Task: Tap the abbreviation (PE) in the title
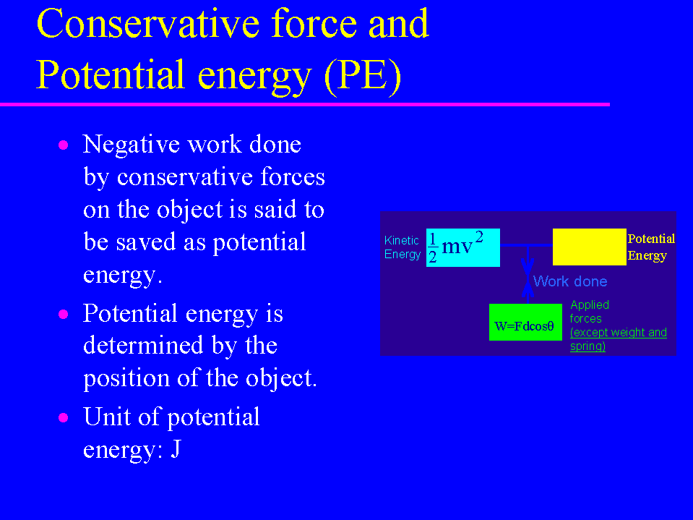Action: pos(363,76)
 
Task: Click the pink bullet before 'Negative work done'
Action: pos(63,145)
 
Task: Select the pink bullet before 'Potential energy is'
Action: pos(63,315)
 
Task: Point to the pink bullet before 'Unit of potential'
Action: pos(63,418)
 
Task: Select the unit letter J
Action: pos(176,449)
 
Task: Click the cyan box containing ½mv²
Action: pos(462,247)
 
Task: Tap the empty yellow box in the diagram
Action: pos(589,247)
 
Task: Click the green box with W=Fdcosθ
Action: pos(525,322)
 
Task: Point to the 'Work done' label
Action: pos(570,281)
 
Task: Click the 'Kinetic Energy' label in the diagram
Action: pos(403,247)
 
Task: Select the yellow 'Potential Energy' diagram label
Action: pos(651,247)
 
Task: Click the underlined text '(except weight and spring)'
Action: pos(618,339)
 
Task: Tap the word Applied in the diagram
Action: pos(590,305)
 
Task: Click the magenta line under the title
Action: pos(305,104)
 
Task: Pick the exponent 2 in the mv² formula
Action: pos(479,236)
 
